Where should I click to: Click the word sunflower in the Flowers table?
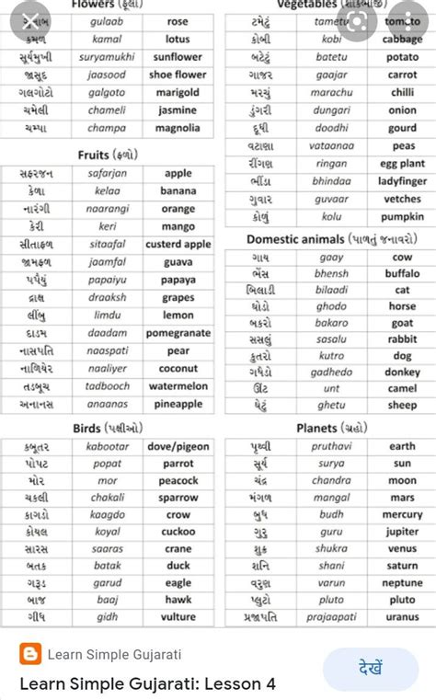tap(178, 57)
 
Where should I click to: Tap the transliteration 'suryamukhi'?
tap(107, 57)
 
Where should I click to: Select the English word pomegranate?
tap(178, 333)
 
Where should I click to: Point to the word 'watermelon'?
tap(178, 386)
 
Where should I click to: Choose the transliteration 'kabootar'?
tap(107, 447)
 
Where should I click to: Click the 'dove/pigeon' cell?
tap(178, 447)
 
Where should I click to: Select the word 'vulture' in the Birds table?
tap(178, 617)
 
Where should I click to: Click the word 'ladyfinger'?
tap(402, 182)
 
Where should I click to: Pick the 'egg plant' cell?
tap(402, 164)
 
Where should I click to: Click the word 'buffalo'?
tap(402, 274)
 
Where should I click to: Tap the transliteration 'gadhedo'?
tap(331, 373)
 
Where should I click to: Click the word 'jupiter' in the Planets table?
tap(402, 532)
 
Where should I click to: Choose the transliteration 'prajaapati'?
tap(331, 617)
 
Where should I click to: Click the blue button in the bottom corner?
tap(371, 668)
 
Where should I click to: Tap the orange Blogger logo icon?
tap(29, 654)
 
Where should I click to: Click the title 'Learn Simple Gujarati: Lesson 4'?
tap(147, 684)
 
